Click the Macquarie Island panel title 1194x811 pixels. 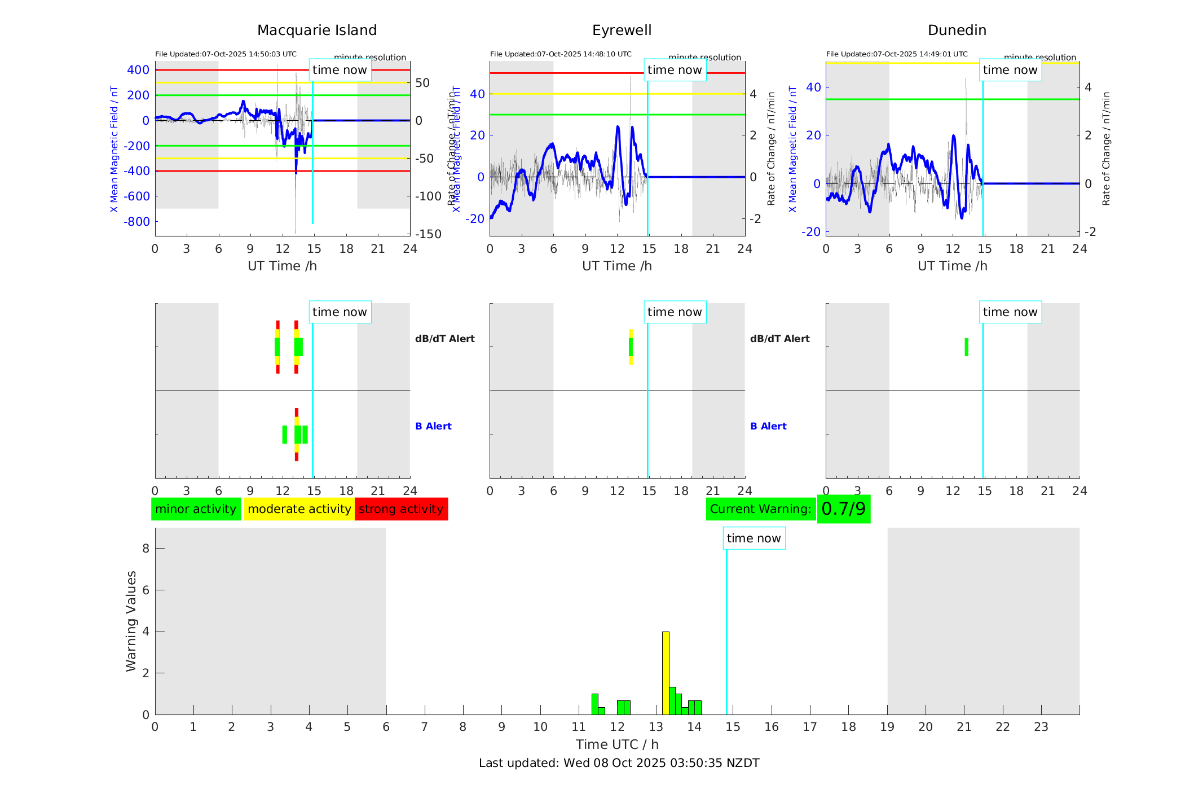[x=316, y=30]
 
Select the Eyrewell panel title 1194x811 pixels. [x=622, y=30]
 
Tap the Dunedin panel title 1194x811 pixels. [x=957, y=30]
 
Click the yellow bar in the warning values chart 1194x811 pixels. [x=666, y=673]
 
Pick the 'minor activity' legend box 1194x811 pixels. [x=196, y=509]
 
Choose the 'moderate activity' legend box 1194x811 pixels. [x=299, y=509]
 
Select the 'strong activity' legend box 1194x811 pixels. [x=401, y=509]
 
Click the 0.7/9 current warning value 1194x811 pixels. [x=843, y=509]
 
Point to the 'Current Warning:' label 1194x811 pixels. [x=760, y=509]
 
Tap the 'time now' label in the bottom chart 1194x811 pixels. [x=754, y=538]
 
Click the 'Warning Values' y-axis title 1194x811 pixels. [x=131, y=621]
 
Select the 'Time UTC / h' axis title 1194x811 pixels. [x=617, y=744]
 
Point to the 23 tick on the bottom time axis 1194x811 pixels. [x=1041, y=727]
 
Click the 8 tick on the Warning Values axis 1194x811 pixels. [x=146, y=549]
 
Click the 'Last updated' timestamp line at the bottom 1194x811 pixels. [x=619, y=763]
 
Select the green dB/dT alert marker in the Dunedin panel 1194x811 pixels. [x=966, y=347]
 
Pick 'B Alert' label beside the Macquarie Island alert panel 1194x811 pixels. [x=433, y=426]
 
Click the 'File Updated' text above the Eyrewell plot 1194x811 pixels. [x=561, y=54]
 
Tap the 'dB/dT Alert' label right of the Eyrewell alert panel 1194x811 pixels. [x=779, y=339]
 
